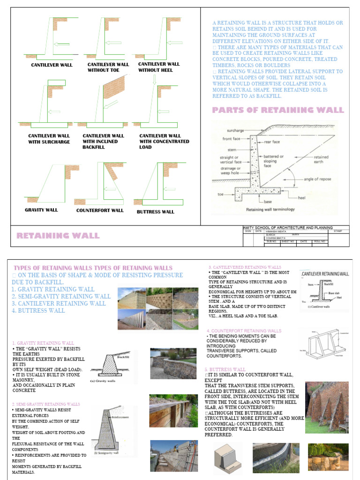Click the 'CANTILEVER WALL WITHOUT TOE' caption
pyautogui.click(x=108, y=67)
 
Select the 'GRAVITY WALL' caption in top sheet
pyautogui.click(x=41, y=210)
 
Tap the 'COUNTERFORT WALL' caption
pyautogui.click(x=100, y=210)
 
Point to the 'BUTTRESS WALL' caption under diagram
pyautogui.click(x=155, y=212)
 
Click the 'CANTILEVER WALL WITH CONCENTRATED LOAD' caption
pyautogui.click(x=164, y=141)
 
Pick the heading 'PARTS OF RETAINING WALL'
pyautogui.click(x=278, y=110)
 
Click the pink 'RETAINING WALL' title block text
pyautogui.click(x=58, y=235)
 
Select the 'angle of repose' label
pyautogui.click(x=318, y=179)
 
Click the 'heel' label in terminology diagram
pyautogui.click(x=301, y=198)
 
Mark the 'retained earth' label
pyautogui.click(x=321, y=159)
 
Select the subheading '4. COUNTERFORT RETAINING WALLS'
pyautogui.click(x=244, y=330)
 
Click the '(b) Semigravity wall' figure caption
pyautogui.click(x=109, y=453)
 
